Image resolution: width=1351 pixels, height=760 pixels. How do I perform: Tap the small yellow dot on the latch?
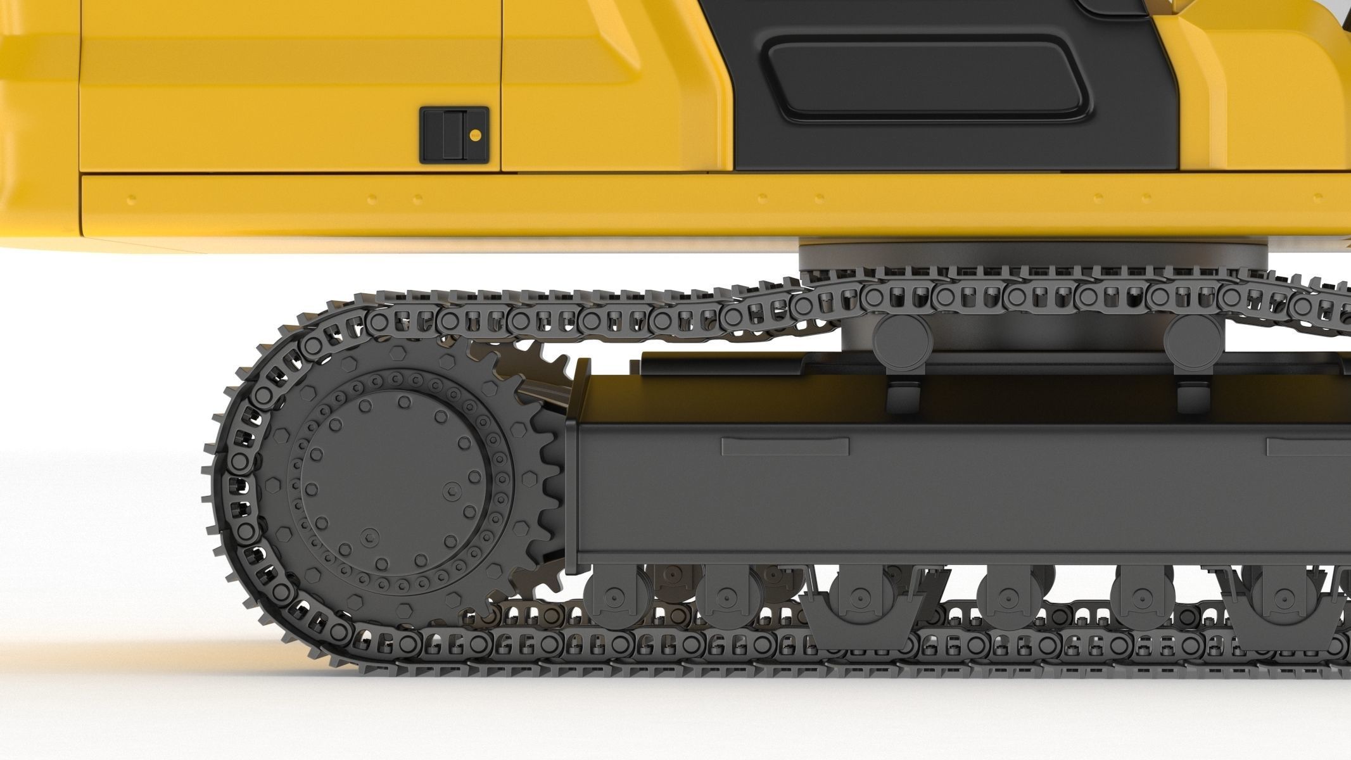point(475,134)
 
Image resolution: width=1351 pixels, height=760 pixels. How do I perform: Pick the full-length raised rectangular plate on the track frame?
point(785,446)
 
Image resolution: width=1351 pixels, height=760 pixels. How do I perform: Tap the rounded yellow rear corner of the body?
point(35,127)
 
